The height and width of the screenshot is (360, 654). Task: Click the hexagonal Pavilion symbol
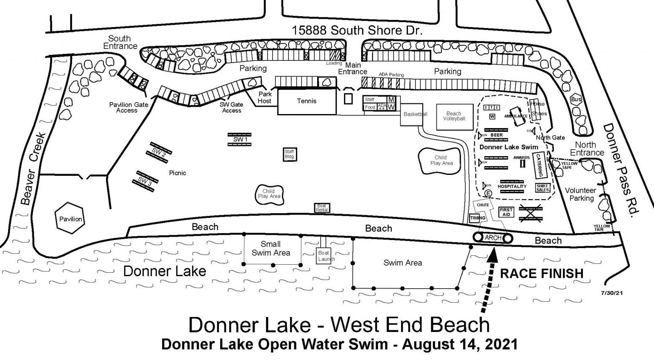click(x=71, y=219)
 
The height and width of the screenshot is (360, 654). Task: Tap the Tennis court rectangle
click(x=307, y=101)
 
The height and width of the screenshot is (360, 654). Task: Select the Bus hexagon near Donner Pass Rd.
click(x=576, y=99)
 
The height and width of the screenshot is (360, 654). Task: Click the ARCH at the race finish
click(x=493, y=238)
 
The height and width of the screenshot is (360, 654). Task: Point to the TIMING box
click(x=477, y=218)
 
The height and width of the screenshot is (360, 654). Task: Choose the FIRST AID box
click(x=506, y=212)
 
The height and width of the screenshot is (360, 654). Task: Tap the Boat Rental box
click(x=322, y=208)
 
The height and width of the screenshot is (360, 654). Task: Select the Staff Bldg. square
click(x=290, y=154)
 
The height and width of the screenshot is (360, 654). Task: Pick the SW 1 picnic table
click(x=240, y=139)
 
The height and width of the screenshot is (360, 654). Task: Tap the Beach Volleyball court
click(x=454, y=116)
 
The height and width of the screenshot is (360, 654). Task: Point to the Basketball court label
click(x=415, y=114)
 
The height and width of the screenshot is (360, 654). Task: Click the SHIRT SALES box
click(x=542, y=188)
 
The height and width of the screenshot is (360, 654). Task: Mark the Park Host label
click(x=264, y=97)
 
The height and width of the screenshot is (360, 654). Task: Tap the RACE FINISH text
click(x=541, y=273)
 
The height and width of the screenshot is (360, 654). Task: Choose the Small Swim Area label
click(x=270, y=249)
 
